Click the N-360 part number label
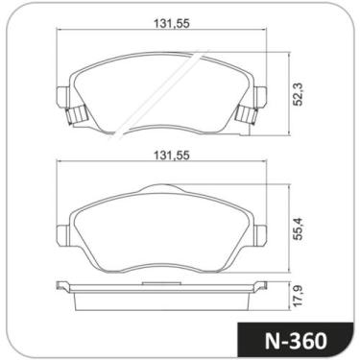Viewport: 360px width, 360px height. pyautogui.click(x=298, y=340)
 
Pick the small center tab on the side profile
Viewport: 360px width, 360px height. pyautogui.click(x=161, y=283)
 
